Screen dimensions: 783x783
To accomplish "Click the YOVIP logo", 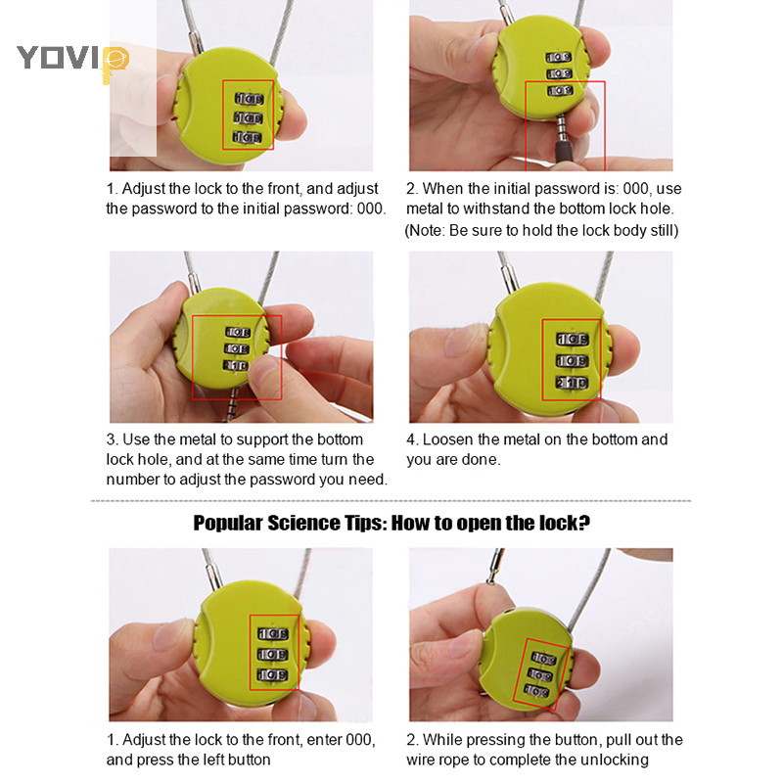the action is pyautogui.click(x=72, y=60).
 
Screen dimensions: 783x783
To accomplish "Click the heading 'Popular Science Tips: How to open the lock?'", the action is pyautogui.click(x=391, y=523).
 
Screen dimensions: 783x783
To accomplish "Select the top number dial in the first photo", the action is pyautogui.click(x=250, y=99).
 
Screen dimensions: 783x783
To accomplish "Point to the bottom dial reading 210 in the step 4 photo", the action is pyautogui.click(x=573, y=383).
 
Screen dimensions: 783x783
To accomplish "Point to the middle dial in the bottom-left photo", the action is pyautogui.click(x=272, y=654).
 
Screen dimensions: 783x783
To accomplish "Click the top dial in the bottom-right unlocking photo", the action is pyautogui.click(x=544, y=659).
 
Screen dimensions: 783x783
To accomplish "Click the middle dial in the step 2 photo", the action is pyautogui.click(x=559, y=74).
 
